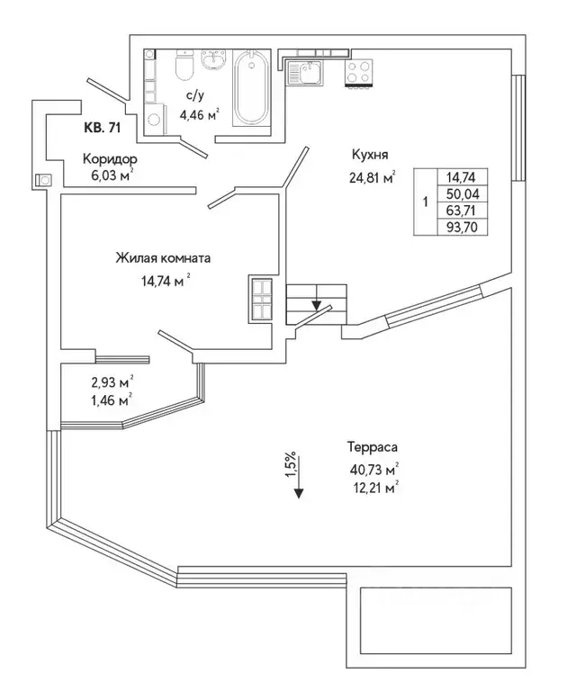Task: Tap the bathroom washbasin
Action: [x=213, y=59]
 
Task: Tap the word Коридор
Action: [x=111, y=157]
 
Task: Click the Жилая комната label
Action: [x=163, y=258]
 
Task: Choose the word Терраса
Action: [x=372, y=446]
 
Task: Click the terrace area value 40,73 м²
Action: [x=372, y=468]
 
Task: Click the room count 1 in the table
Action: [x=425, y=202]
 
